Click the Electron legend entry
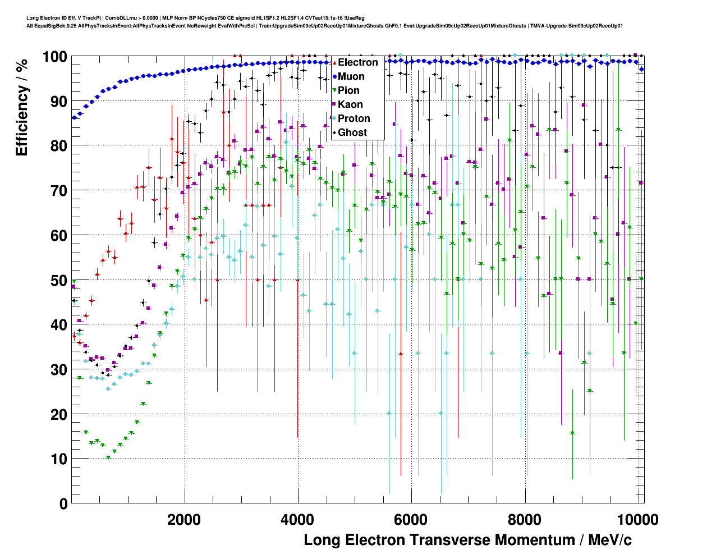357,62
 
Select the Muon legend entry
351,76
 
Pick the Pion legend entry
348,90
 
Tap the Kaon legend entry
350,104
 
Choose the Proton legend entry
354,118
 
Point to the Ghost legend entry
352,132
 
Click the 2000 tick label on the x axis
184,520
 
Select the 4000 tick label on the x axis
297,520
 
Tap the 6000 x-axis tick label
411,520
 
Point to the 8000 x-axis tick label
525,520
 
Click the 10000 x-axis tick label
637,520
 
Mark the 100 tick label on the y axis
54,57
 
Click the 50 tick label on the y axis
59,280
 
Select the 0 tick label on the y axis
63,504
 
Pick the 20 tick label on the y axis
59,415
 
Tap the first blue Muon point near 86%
74,118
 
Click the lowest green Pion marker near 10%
108,457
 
